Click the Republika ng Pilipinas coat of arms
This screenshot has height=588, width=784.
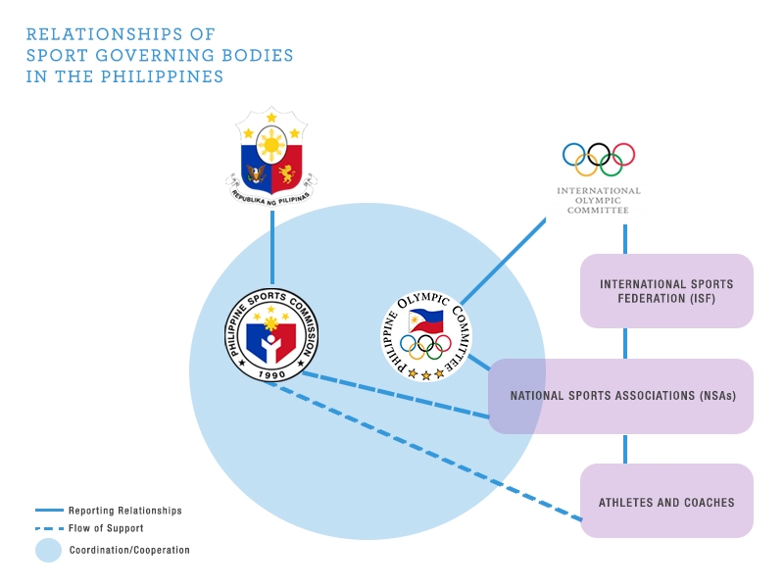tap(271, 156)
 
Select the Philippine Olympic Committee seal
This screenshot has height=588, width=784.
tap(429, 335)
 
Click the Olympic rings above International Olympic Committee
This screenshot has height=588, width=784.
tap(598, 159)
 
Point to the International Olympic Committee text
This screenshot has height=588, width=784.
tap(598, 200)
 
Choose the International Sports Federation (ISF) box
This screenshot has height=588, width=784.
tap(666, 291)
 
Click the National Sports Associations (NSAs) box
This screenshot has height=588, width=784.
tap(621, 396)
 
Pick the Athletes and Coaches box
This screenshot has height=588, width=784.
tap(666, 501)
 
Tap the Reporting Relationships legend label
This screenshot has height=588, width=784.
tap(124, 511)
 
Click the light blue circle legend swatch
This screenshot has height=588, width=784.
tap(49, 550)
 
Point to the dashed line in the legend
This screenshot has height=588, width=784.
tap(49, 528)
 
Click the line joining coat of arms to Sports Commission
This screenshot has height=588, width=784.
tap(271, 245)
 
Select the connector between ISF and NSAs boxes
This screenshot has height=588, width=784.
tap(625, 343)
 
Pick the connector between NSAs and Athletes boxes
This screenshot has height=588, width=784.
tap(625, 449)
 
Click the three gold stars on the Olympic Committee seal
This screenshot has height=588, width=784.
tap(425, 373)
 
